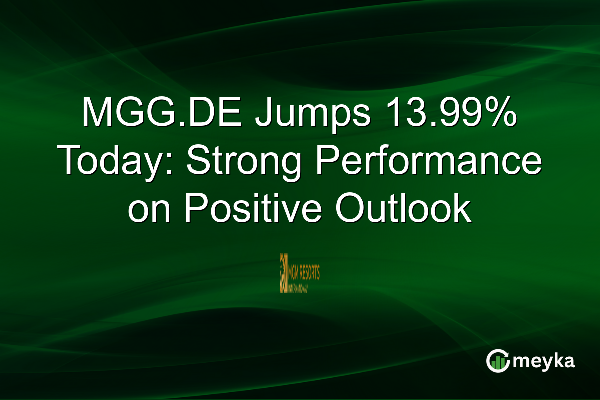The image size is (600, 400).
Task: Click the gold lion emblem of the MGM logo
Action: coord(283,272)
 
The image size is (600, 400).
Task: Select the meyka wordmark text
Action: coord(544,362)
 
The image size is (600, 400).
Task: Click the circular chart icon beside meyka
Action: coord(498,361)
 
